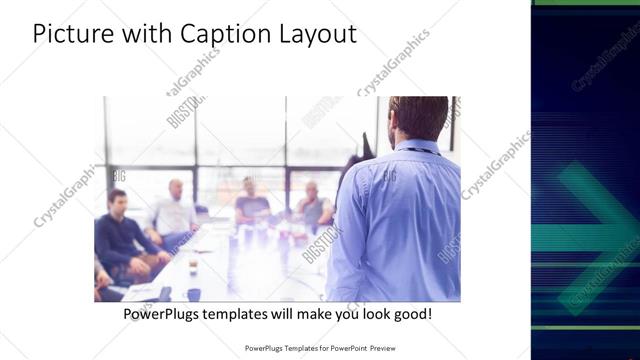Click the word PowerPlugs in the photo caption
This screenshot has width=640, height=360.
166,314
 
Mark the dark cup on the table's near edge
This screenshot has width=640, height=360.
193,293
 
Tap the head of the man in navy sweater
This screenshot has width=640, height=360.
117,200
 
